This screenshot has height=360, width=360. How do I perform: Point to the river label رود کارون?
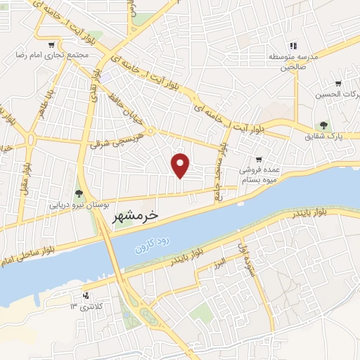[154, 242]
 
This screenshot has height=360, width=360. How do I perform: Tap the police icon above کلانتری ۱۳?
[86, 295]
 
